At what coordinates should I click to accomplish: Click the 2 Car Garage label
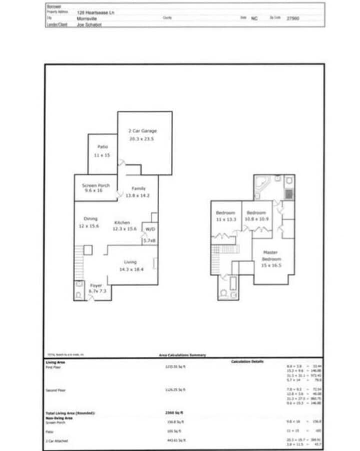pyautogui.click(x=139, y=131)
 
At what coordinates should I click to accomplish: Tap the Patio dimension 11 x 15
pyautogui.click(x=102, y=156)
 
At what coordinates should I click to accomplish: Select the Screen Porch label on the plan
pyautogui.click(x=96, y=185)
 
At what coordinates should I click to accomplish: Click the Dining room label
pyautogui.click(x=91, y=218)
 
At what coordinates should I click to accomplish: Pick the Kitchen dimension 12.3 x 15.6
pyautogui.click(x=125, y=229)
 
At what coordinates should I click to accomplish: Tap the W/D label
pyautogui.click(x=149, y=229)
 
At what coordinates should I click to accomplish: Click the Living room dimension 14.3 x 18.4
pyautogui.click(x=131, y=269)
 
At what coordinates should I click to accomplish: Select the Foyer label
pyautogui.click(x=96, y=285)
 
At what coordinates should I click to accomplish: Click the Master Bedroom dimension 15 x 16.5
pyautogui.click(x=272, y=265)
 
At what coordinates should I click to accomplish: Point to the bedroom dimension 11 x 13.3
pyautogui.click(x=225, y=219)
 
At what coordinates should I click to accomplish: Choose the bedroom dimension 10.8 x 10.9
pyautogui.click(x=256, y=219)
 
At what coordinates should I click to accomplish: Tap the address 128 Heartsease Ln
pyautogui.click(x=96, y=12)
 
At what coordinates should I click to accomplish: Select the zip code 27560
pyautogui.click(x=292, y=18)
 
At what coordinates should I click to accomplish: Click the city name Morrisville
pyautogui.click(x=87, y=18)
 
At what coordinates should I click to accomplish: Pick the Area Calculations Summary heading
pyautogui.click(x=182, y=355)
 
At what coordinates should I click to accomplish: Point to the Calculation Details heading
pyautogui.click(x=247, y=361)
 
